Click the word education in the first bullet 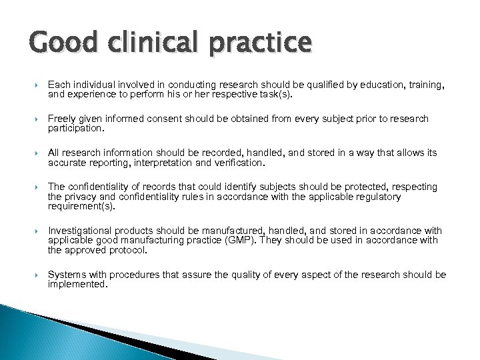click(357, 85)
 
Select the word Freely click(63, 119)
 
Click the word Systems click(65, 274)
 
